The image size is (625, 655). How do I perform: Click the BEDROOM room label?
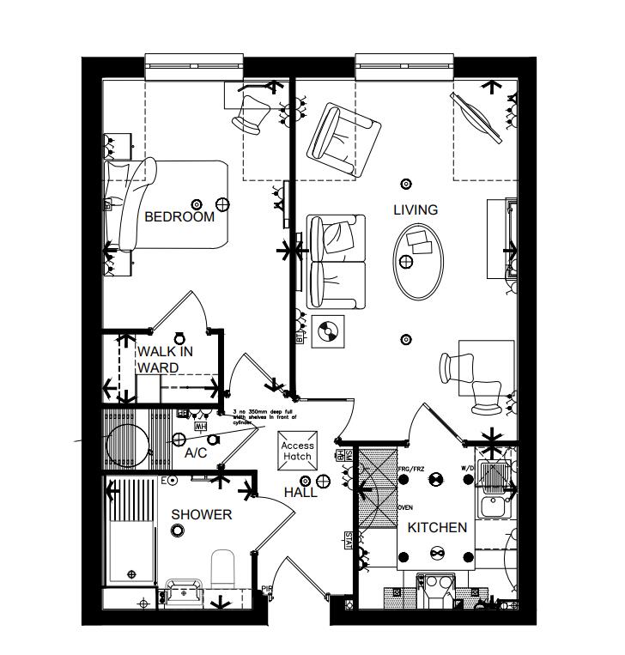[179, 217]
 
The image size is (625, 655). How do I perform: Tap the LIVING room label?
[416, 209]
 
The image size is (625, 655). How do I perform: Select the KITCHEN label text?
[437, 527]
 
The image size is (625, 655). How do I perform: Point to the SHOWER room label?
[202, 514]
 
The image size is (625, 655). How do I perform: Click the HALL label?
[300, 493]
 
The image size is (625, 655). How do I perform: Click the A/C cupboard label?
[196, 452]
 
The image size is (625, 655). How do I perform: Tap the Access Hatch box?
[298, 451]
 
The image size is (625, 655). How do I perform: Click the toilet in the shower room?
[223, 567]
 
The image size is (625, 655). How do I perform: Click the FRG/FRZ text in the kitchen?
[412, 470]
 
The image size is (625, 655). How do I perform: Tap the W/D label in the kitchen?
[467, 468]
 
